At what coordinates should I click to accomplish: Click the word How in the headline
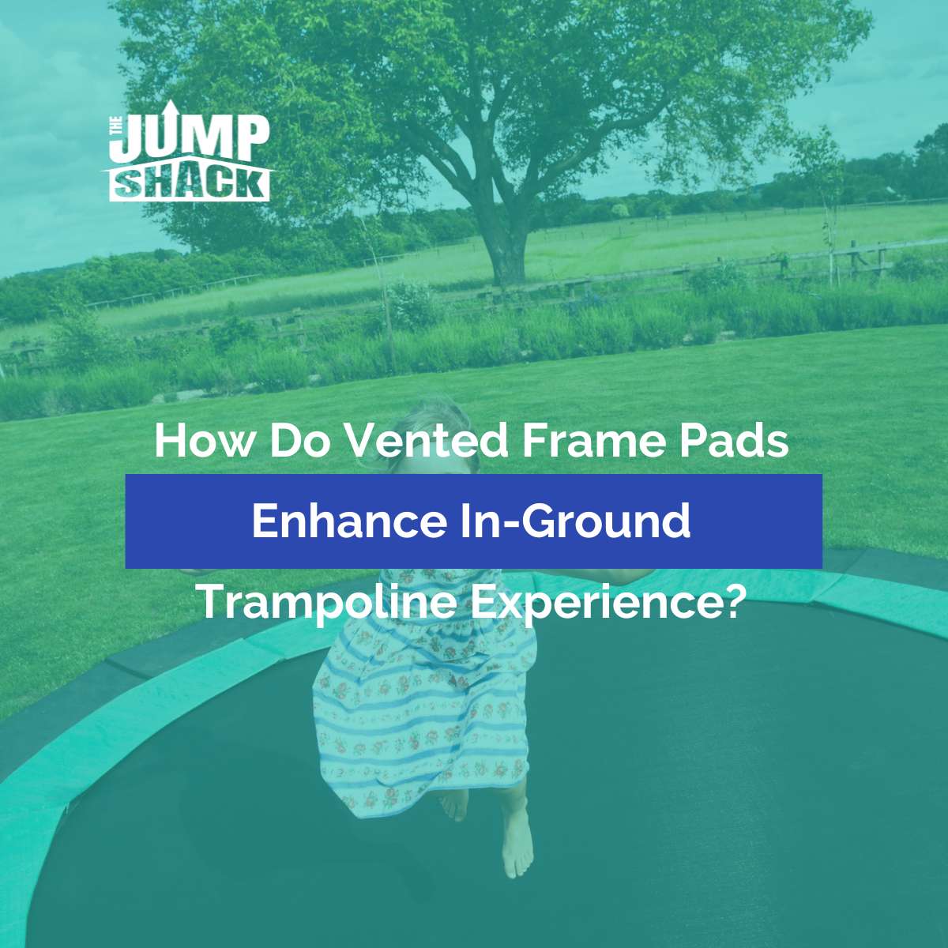(204, 441)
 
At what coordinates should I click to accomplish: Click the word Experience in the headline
(596, 602)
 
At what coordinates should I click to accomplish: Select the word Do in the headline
(299, 441)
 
